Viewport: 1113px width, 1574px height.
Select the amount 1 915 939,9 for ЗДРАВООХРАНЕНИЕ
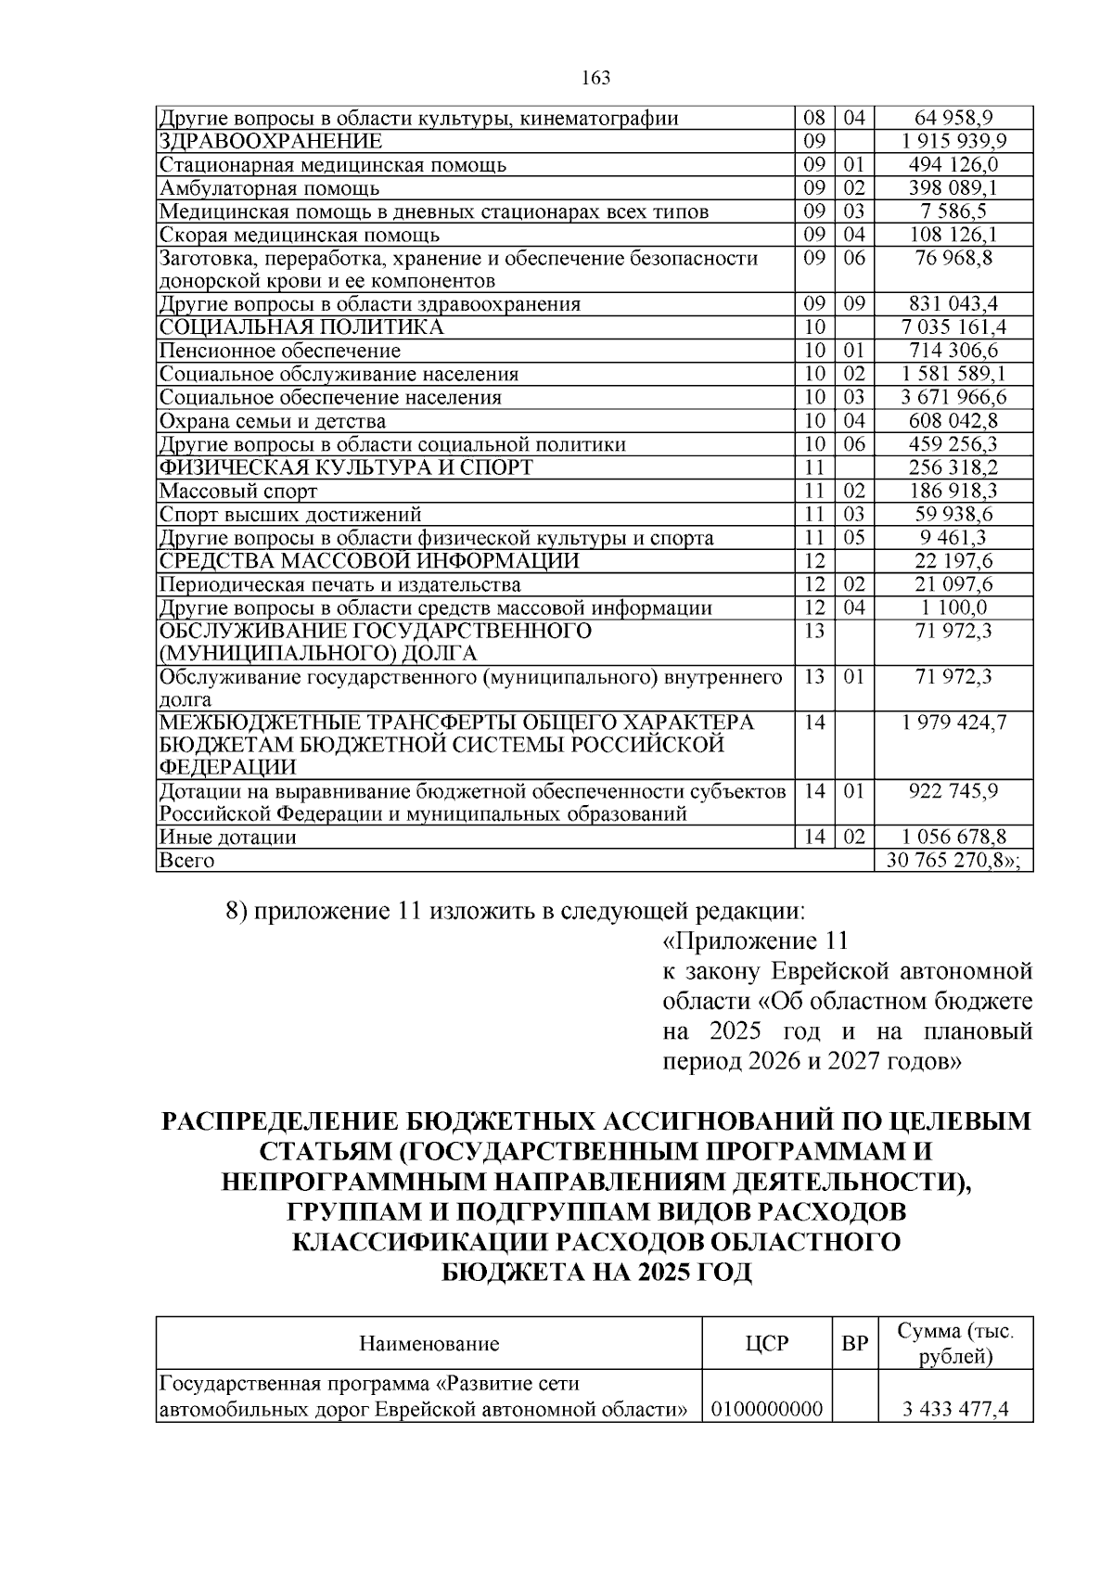pyautogui.click(x=954, y=142)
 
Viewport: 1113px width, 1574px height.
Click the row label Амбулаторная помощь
pyautogui.click(x=269, y=189)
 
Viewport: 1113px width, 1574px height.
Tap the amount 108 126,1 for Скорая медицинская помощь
pyautogui.click(x=954, y=236)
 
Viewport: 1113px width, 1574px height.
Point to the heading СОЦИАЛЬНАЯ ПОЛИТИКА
pyautogui.click(x=301, y=327)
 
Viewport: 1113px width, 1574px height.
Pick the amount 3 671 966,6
pyautogui.click(x=954, y=398)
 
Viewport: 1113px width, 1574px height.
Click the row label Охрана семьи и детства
pyautogui.click(x=273, y=422)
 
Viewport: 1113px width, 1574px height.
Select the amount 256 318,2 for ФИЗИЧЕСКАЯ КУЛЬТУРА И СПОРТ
pyautogui.click(x=954, y=467)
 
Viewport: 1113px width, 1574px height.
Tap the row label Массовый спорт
pyautogui.click(x=238, y=492)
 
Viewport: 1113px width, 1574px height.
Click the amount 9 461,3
pyautogui.click(x=954, y=538)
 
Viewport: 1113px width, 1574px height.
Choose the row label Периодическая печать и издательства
pyautogui.click(x=339, y=585)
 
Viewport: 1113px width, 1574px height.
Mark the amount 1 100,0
pyautogui.click(x=954, y=608)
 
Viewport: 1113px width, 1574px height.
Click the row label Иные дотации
pyautogui.click(x=228, y=838)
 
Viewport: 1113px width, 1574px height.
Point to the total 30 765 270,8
pyautogui.click(x=953, y=861)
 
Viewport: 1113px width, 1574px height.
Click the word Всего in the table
pyautogui.click(x=187, y=861)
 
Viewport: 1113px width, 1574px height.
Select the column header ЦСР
pyautogui.click(x=767, y=1343)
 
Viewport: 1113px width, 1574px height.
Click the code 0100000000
pyautogui.click(x=767, y=1411)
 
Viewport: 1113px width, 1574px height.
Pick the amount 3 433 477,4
pyautogui.click(x=954, y=1411)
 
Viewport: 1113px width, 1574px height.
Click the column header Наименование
pyautogui.click(x=429, y=1343)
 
